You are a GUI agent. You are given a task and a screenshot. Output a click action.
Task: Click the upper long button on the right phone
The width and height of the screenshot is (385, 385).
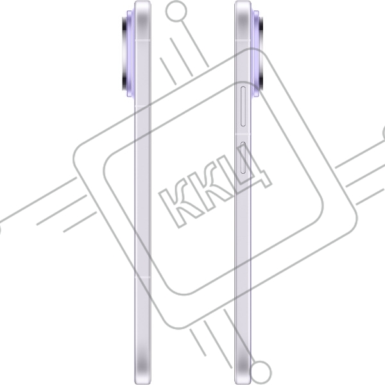tap(243, 107)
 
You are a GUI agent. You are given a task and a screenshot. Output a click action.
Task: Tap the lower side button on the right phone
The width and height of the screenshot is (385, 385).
tap(243, 158)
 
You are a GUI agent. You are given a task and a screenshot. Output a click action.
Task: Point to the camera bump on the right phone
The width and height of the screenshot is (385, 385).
tap(257, 53)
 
